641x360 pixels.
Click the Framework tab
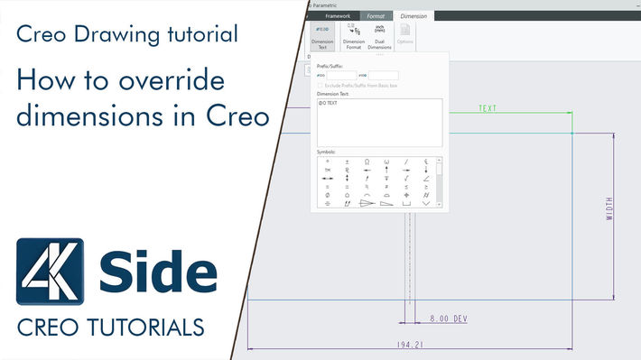click(x=337, y=15)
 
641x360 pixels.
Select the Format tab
click(x=375, y=15)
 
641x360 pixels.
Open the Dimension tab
click(x=413, y=15)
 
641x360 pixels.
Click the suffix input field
click(x=383, y=76)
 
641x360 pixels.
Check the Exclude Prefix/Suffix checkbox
click(x=320, y=86)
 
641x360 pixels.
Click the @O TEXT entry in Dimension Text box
click(x=328, y=103)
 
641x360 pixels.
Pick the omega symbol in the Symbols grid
click(x=367, y=162)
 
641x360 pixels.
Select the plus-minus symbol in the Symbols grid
click(x=347, y=162)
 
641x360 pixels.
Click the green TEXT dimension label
click(x=488, y=109)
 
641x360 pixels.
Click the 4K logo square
click(x=51, y=272)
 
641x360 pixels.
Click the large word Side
click(x=157, y=271)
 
